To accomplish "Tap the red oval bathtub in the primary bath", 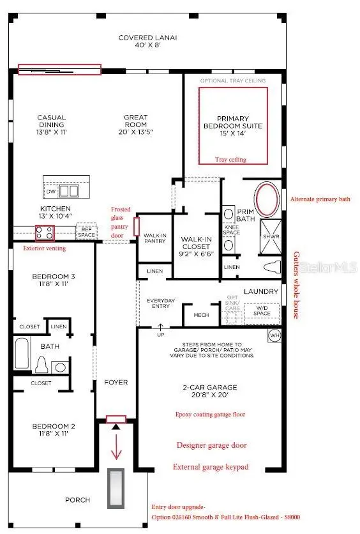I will click(267, 198).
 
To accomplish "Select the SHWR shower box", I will click(268, 237).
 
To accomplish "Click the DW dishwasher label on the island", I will click(50, 191).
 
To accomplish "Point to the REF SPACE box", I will click(86, 231).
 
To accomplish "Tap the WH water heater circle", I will click(274, 335).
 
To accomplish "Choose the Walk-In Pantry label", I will click(154, 238).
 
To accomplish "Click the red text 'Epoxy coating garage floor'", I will click(211, 414).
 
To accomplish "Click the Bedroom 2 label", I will click(54, 429).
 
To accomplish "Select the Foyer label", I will click(116, 382).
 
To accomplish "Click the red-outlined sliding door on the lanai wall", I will click(59, 70).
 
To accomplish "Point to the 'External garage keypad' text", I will click(210, 467).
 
